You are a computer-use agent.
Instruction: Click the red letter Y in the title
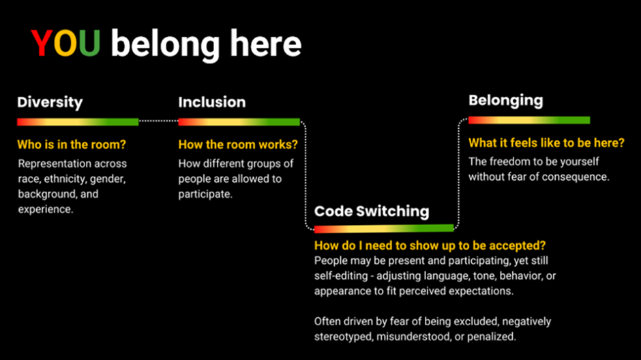(42, 44)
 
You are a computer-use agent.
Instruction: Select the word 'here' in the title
(266, 44)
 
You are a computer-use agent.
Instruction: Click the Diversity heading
(50, 102)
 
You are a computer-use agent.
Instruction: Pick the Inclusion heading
(212, 102)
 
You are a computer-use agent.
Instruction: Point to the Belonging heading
(506, 100)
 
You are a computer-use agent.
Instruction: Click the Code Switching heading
(372, 211)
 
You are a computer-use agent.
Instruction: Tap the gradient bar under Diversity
(78, 122)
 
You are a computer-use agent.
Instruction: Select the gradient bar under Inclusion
(239, 122)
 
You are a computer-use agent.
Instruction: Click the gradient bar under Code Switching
(384, 228)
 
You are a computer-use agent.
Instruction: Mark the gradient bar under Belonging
(529, 120)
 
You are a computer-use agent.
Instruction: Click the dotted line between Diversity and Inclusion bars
(159, 121)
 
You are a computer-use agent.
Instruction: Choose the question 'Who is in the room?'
(72, 145)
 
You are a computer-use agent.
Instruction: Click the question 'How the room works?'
(238, 145)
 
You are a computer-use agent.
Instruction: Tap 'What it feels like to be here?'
(546, 143)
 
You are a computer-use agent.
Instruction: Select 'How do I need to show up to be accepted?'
(430, 245)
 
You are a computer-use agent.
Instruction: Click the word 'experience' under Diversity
(45, 209)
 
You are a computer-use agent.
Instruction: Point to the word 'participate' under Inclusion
(205, 194)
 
